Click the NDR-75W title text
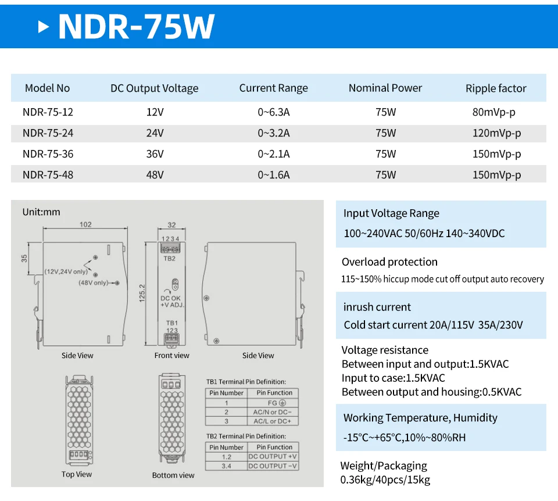click(x=136, y=26)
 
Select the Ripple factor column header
click(x=496, y=88)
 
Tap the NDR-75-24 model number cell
click(x=48, y=133)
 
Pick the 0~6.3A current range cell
click(x=273, y=112)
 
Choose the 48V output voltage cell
click(x=155, y=175)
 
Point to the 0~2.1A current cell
click(x=273, y=154)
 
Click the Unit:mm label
click(x=41, y=212)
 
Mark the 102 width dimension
click(x=85, y=225)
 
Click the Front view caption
click(x=172, y=356)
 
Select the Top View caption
click(x=77, y=474)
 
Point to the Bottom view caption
click(x=173, y=475)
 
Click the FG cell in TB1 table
click(x=275, y=403)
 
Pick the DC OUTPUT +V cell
click(x=273, y=457)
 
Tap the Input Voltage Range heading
click(x=391, y=213)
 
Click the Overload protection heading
click(x=389, y=262)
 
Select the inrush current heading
click(x=377, y=307)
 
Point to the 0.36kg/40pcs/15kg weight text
click(x=385, y=480)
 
